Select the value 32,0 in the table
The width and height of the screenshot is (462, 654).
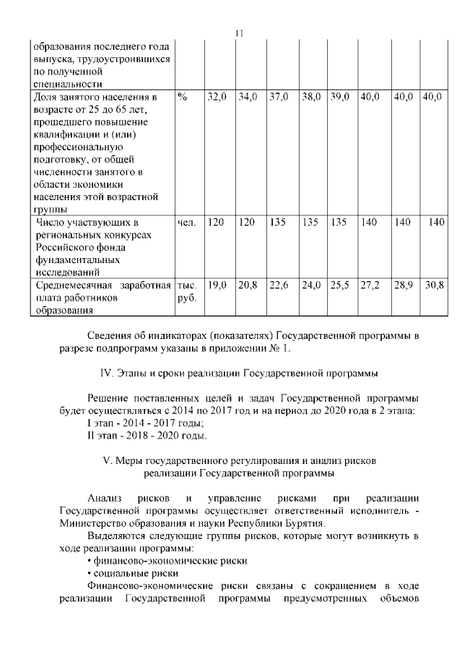tap(217, 96)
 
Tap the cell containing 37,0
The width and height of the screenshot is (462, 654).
tap(279, 96)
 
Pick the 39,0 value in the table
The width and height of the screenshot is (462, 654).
tap(340, 96)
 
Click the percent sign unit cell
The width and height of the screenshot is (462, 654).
tap(182, 96)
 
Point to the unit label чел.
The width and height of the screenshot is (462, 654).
tap(186, 223)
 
